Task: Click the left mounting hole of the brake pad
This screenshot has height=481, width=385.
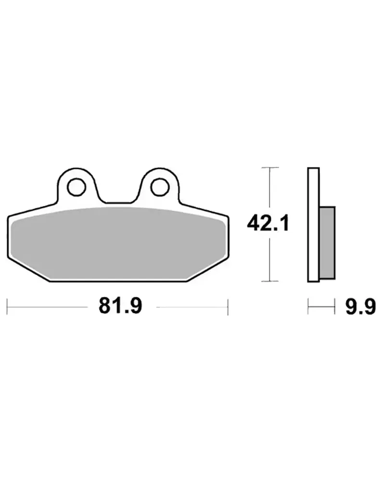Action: pos(77,187)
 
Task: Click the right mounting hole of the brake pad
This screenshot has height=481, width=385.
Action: pos(160,187)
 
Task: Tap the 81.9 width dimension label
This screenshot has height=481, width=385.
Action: pos(120,306)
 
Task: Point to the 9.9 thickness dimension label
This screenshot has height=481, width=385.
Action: pos(360,306)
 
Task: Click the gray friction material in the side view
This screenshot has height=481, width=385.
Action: pos(327,242)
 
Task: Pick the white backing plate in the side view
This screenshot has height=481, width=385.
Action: pos(313,225)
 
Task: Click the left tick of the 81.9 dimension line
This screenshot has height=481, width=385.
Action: pos(7,307)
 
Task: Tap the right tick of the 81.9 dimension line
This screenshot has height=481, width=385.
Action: pos(228,307)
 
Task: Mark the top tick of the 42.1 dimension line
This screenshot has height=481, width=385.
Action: pos(270,167)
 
